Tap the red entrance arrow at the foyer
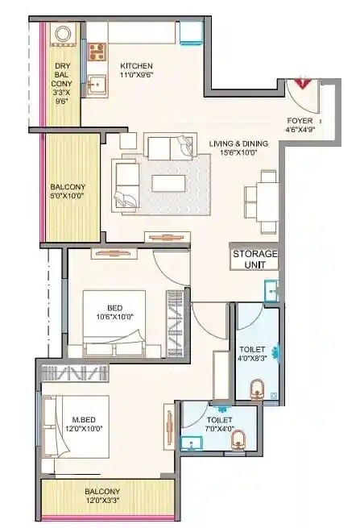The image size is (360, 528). (303, 81)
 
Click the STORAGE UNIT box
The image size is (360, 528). (254, 259)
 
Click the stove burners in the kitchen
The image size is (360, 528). (97, 52)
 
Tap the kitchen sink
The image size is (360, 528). (97, 82)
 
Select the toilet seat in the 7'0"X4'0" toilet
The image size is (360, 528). (238, 441)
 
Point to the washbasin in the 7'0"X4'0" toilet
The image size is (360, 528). (192, 443)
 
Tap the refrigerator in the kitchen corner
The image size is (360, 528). (191, 32)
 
